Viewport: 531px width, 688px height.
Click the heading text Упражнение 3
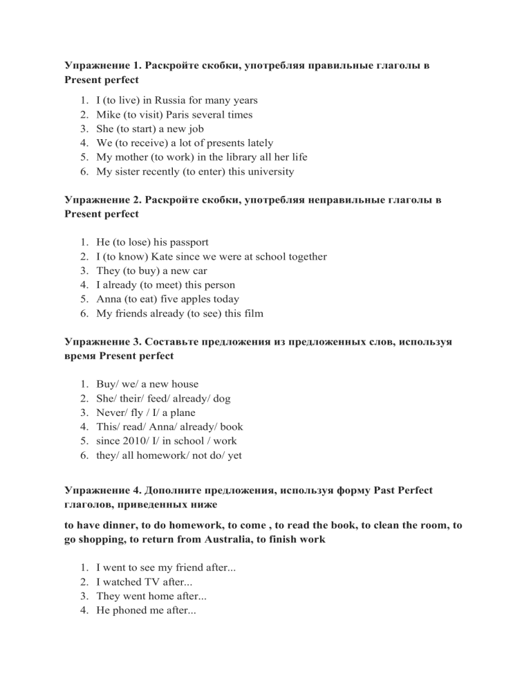[103, 342]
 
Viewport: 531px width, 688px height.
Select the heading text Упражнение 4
[103, 490]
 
